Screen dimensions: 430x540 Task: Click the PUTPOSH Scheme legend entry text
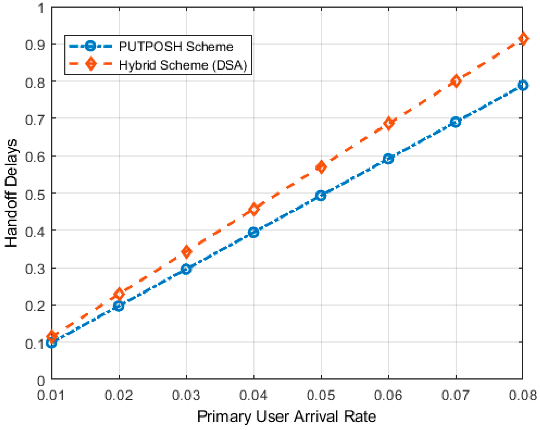pyautogui.click(x=176, y=47)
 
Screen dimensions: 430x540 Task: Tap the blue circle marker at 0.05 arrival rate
pyautogui.click(x=321, y=196)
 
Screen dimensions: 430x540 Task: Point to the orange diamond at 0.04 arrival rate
pyautogui.click(x=254, y=209)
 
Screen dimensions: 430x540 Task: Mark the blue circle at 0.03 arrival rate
pyautogui.click(x=186, y=269)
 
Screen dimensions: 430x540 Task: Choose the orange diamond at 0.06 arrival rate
pyautogui.click(x=389, y=123)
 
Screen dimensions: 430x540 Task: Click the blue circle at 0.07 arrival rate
pyautogui.click(x=456, y=122)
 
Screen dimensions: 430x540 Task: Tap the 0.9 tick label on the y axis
pyautogui.click(x=35, y=45)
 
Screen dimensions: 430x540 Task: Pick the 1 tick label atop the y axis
pyautogui.click(x=41, y=8)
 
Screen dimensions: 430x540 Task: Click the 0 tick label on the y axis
pyautogui.click(x=41, y=381)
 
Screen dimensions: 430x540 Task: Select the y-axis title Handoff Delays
pyautogui.click(x=11, y=193)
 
